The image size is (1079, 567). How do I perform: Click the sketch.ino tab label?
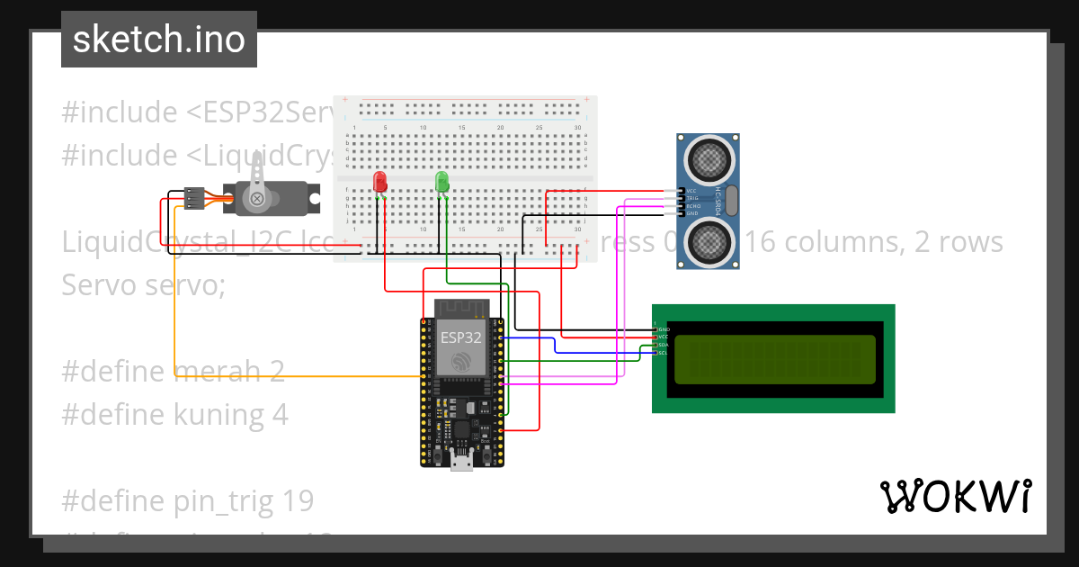[x=158, y=40]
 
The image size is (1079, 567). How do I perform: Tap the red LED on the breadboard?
[x=380, y=181]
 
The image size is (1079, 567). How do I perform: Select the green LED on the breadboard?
[x=441, y=181]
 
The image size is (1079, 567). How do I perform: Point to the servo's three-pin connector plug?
[x=192, y=197]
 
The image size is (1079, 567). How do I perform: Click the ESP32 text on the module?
[x=460, y=337]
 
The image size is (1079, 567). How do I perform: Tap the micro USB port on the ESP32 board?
[x=462, y=463]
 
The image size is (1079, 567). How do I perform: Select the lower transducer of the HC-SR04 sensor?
[x=709, y=240]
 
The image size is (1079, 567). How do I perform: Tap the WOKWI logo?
[x=955, y=496]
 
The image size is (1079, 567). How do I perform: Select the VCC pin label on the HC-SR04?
[x=691, y=191]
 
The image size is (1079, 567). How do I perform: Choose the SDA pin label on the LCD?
[x=664, y=345]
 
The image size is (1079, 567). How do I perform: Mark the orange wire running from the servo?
[x=175, y=297]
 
